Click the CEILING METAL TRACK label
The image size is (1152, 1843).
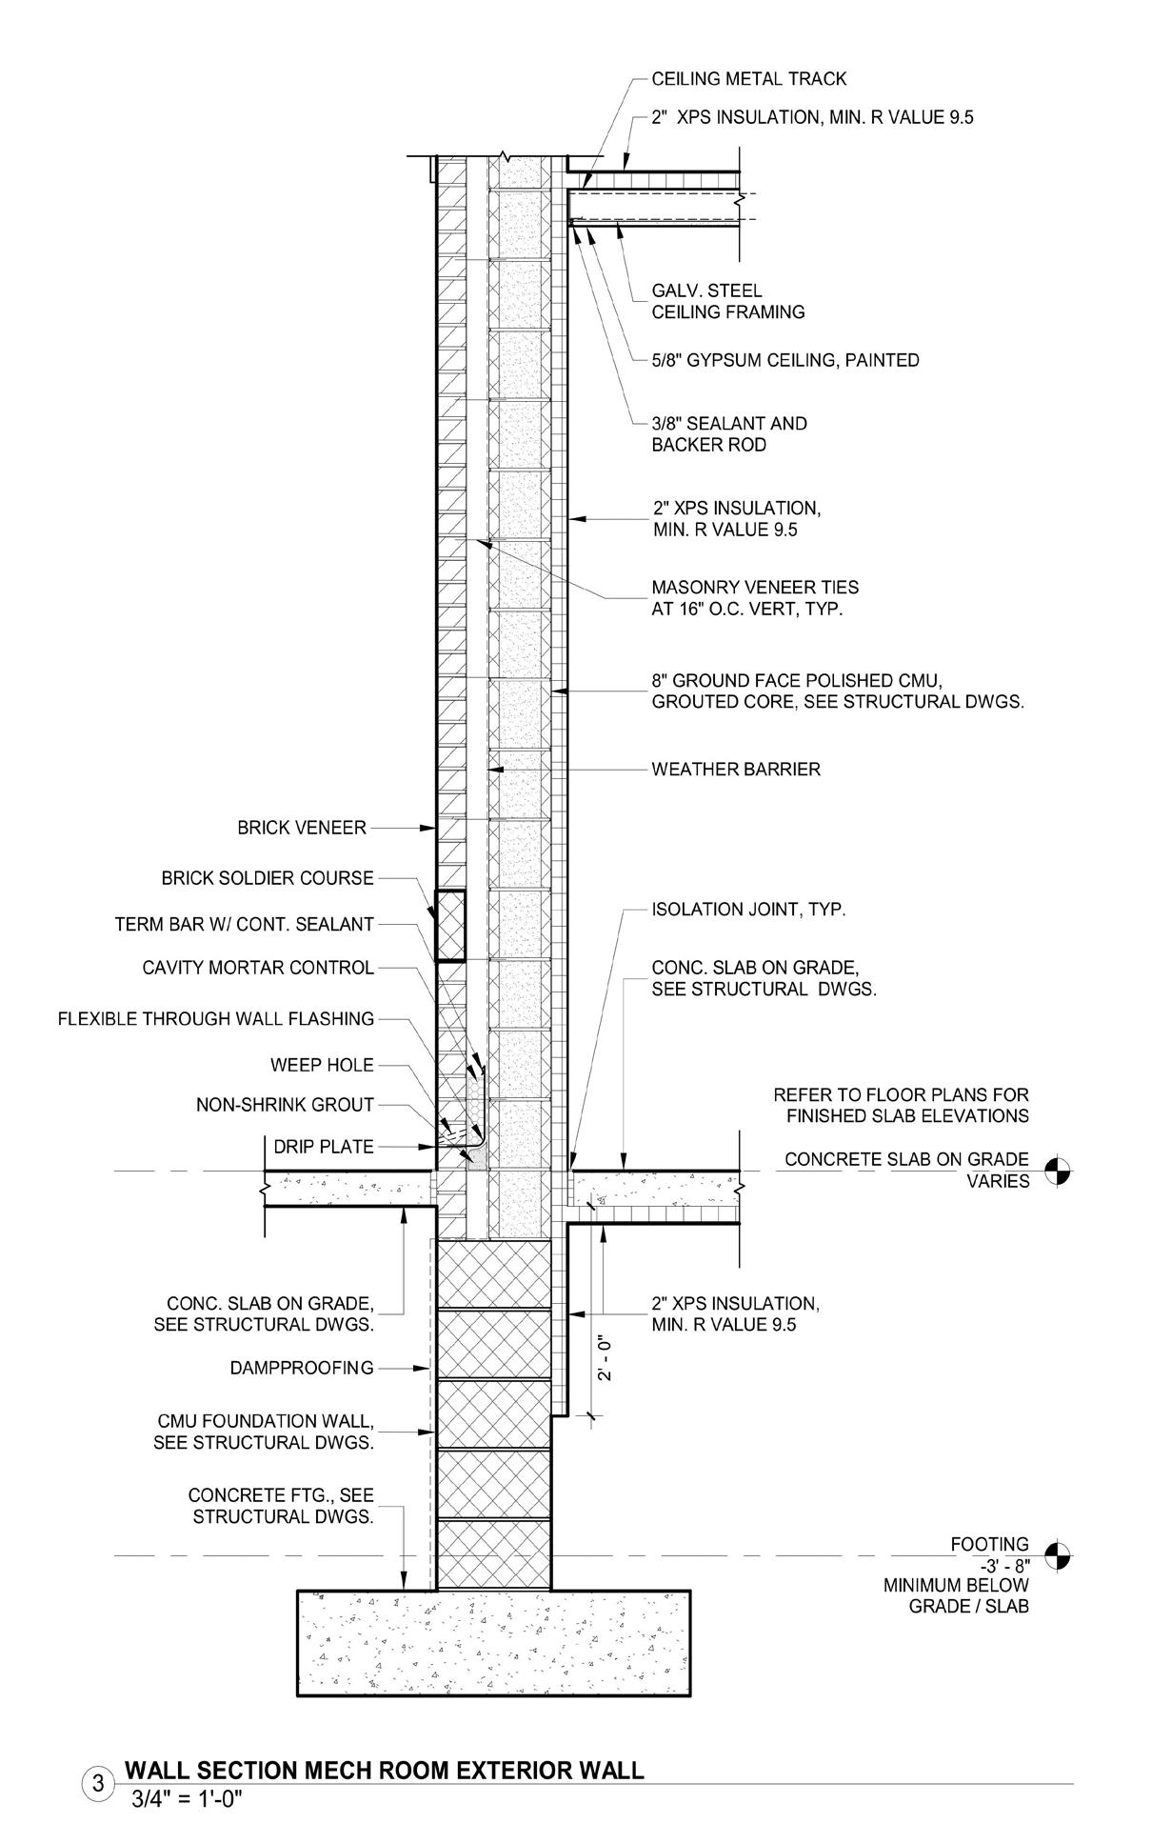(x=748, y=79)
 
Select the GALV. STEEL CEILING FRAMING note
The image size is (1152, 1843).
(x=727, y=301)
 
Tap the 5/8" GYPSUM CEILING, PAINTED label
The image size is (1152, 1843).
(x=785, y=360)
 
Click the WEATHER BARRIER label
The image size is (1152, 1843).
(x=735, y=769)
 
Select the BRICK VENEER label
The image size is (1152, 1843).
(x=302, y=828)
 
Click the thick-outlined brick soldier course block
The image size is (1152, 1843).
(x=450, y=925)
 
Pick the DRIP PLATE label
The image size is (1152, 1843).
(x=324, y=1147)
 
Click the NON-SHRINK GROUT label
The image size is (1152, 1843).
(x=285, y=1105)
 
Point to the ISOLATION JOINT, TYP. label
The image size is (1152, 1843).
(x=748, y=910)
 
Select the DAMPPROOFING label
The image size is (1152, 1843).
(x=302, y=1368)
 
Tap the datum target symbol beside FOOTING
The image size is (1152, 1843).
(x=1057, y=1555)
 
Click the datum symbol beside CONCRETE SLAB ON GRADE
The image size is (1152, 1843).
(x=1057, y=1171)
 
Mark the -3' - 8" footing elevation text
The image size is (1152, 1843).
(x=1001, y=1565)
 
